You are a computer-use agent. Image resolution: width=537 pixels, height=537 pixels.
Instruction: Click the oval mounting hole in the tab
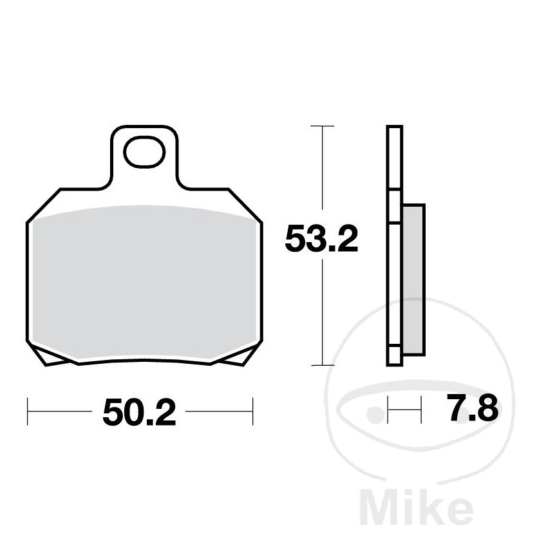[144, 153]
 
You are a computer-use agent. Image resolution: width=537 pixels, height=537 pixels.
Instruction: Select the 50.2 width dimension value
[139, 412]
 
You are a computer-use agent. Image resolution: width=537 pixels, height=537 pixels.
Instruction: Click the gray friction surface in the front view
[145, 283]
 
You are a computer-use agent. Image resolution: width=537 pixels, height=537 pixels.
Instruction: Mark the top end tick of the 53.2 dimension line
[321, 127]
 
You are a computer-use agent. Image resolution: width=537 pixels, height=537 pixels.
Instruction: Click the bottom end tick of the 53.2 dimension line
[321, 365]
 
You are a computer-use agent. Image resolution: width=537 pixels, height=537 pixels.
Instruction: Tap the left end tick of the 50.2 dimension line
[28, 411]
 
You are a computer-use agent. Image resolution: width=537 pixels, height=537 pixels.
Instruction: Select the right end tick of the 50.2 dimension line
[252, 411]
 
